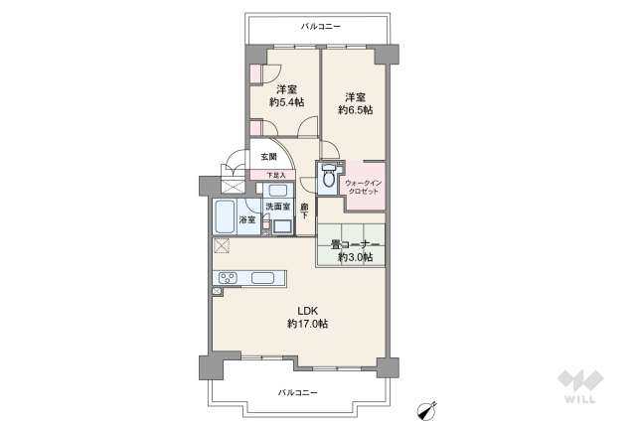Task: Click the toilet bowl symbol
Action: pos(328,180)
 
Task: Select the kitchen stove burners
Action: pos(227,277)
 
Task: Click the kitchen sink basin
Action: pos(265,277)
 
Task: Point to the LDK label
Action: pos(307,309)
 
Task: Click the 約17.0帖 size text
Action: pos(307,324)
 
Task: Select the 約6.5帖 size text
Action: pos(355,110)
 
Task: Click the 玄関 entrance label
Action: pos(269,158)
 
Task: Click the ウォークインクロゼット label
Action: pos(363,186)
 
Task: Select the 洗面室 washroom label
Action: pos(277,207)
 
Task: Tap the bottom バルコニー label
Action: pos(298,393)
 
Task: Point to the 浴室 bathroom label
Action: pos(246,218)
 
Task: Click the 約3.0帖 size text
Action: pos(355,257)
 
